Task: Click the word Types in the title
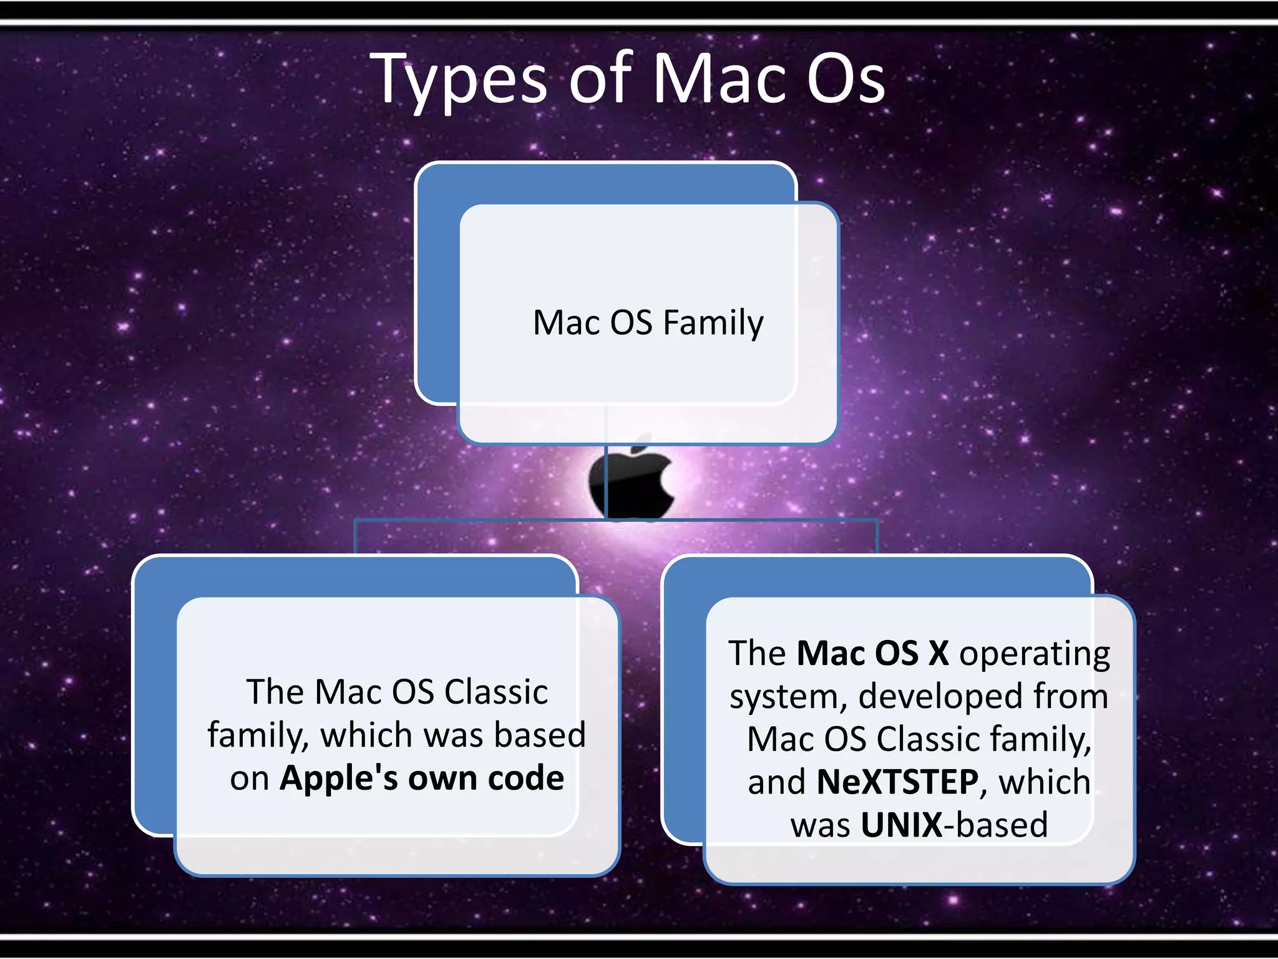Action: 462,81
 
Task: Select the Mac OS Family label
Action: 648,323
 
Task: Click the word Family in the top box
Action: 713,324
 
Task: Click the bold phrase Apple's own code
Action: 422,778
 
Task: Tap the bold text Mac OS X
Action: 872,653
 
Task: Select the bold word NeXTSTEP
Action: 897,782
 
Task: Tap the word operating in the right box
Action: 1035,654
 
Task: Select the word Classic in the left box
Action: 496,692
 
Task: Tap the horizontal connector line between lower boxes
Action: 474,519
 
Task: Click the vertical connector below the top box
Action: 606,481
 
